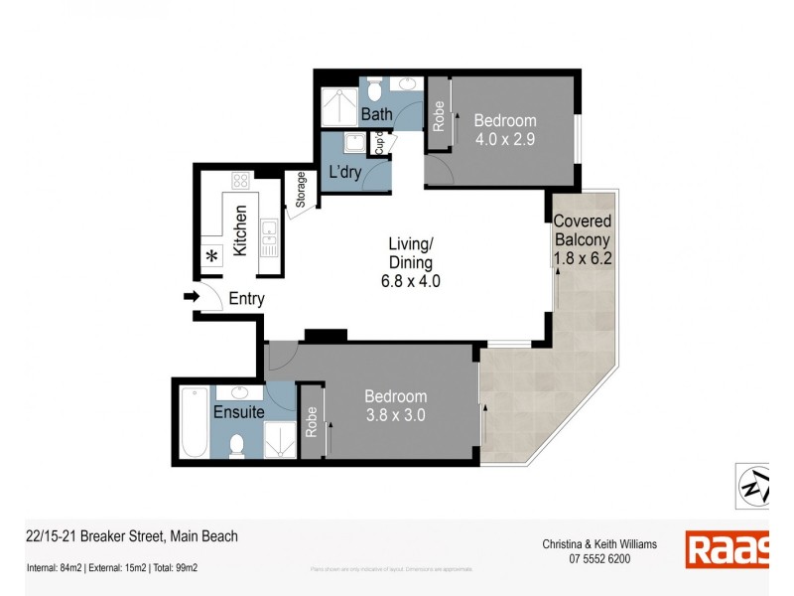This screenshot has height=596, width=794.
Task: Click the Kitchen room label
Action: tap(240, 230)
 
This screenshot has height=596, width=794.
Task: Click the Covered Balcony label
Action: tap(583, 239)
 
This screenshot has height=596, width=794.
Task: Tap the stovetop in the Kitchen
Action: tap(240, 182)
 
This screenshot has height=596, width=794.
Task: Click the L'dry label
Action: tap(344, 173)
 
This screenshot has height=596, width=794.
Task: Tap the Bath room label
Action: tap(376, 114)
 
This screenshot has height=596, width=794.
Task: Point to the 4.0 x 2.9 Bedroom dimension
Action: tap(503, 139)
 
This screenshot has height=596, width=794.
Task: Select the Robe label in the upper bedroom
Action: tap(438, 117)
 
